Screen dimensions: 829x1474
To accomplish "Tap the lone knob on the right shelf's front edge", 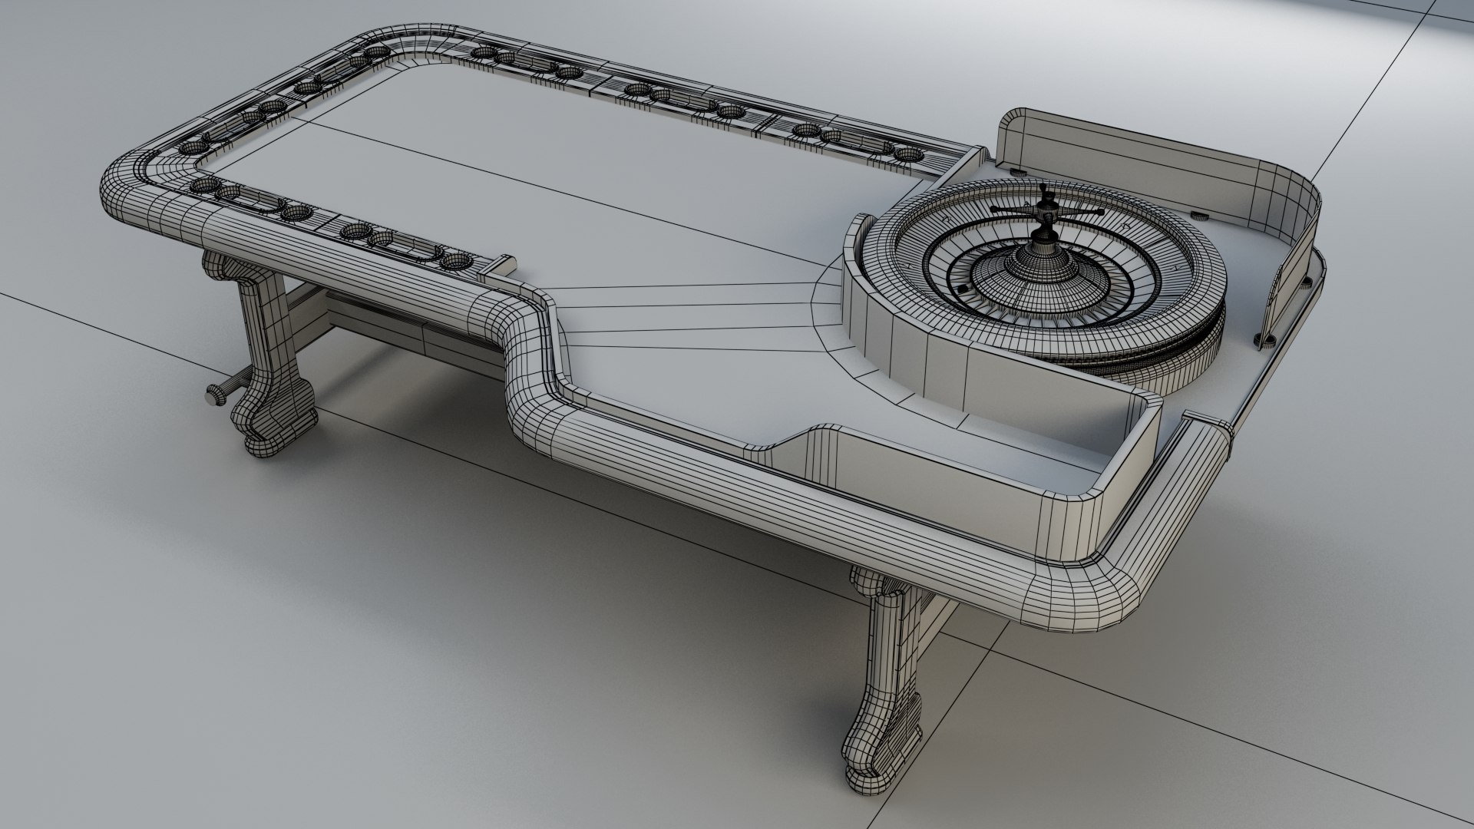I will [x=1264, y=338].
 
